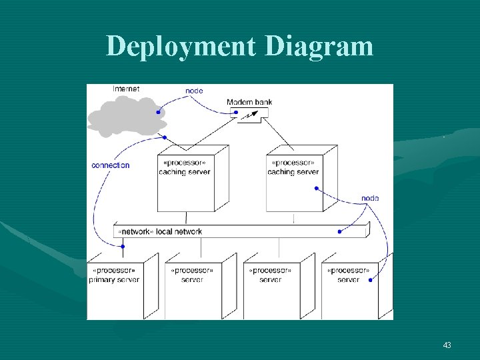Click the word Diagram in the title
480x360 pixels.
coord(319,47)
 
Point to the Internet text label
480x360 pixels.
coord(126,89)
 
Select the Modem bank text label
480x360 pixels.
coord(249,102)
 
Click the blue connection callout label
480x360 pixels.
coord(111,165)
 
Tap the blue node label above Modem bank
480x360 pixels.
coord(194,91)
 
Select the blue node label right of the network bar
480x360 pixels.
coord(370,198)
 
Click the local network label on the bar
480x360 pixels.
coord(160,231)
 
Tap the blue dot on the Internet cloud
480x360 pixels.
coord(158,112)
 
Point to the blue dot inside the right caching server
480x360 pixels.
coord(315,188)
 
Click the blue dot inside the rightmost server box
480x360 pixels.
coord(371,280)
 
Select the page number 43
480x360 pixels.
coord(447,345)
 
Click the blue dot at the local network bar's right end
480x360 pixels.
coord(340,231)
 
